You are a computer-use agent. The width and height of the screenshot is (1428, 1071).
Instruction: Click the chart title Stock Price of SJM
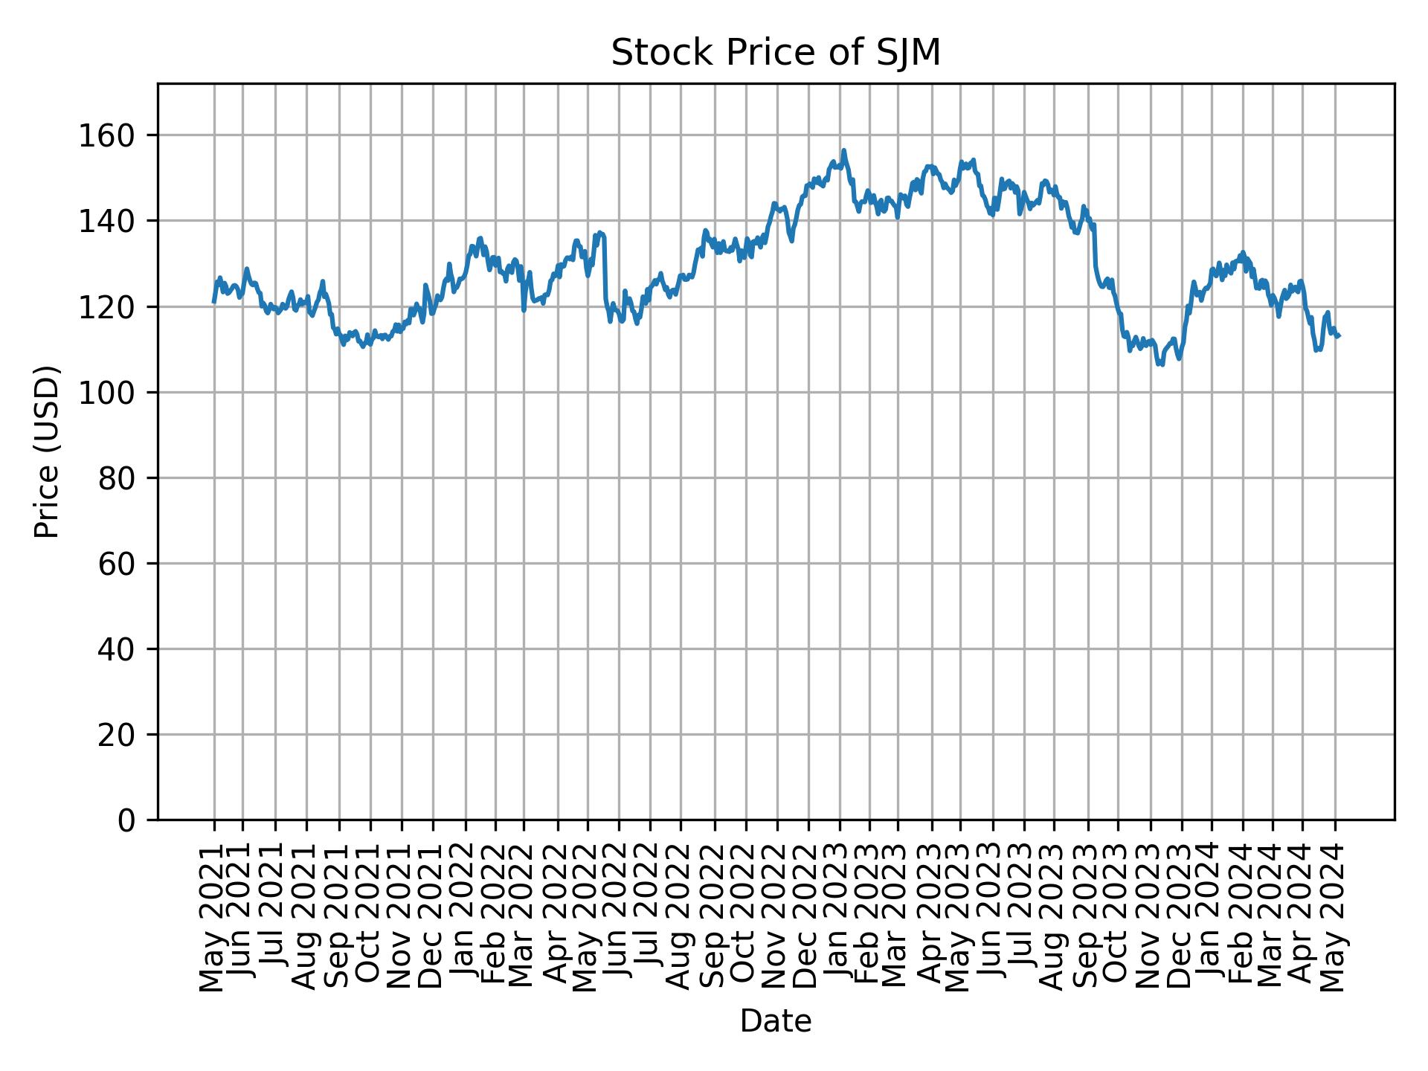776,54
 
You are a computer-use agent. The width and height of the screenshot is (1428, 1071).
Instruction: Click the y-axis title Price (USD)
48,451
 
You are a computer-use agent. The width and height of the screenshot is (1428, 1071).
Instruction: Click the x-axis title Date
776,1022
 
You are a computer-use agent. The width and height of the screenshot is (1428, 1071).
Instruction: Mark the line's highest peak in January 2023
843,150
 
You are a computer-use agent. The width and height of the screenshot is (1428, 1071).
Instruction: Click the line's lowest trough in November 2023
1160,364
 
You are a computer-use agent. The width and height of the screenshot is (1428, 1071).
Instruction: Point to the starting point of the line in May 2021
214,302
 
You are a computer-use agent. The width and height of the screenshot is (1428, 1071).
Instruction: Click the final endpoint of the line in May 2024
1339,337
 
